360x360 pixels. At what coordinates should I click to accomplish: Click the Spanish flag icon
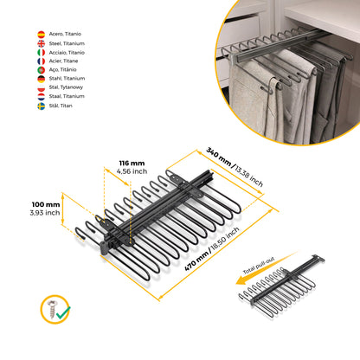tap(42, 35)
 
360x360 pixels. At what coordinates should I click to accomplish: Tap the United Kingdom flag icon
tap(42, 43)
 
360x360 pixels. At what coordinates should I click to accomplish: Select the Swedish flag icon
tap(42, 106)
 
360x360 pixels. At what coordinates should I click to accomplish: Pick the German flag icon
tap(42, 79)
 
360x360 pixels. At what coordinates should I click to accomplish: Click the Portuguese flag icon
tap(42, 70)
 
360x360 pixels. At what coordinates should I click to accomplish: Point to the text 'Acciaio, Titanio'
tap(67, 53)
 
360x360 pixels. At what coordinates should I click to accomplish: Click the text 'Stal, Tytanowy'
tap(66, 87)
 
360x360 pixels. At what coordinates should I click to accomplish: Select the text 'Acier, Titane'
tap(63, 61)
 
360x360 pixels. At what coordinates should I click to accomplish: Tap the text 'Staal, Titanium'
tap(67, 96)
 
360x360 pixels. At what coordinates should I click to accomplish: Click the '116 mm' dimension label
tap(132, 164)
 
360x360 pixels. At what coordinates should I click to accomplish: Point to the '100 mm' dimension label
tap(46, 204)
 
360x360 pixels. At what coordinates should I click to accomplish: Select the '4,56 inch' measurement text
tap(132, 171)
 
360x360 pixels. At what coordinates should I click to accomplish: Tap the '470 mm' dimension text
tap(196, 260)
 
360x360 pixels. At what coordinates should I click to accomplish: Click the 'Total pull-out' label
tap(259, 266)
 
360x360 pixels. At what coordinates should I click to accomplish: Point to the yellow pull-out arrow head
tap(241, 280)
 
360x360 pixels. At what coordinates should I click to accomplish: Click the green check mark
tap(63, 312)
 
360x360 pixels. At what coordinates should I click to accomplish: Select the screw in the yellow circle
tap(52, 309)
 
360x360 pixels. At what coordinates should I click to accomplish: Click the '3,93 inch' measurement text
tap(45, 213)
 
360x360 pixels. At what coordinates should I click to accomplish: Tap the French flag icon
tap(42, 61)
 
